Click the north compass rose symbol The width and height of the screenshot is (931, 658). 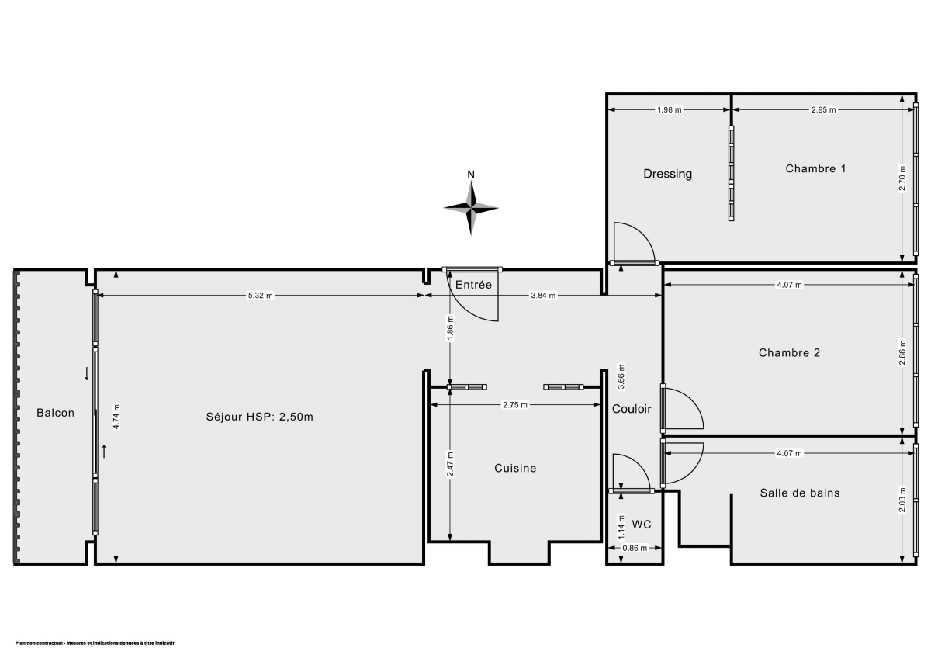tap(470, 207)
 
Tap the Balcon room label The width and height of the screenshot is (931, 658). tap(55, 413)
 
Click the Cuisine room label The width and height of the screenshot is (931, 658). tap(515, 468)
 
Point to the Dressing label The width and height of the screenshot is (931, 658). tap(667, 174)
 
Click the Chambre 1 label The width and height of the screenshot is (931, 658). tap(815, 168)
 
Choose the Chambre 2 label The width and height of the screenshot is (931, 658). tap(789, 352)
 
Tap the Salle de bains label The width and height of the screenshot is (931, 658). tap(799, 493)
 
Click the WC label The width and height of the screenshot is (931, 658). tap(641, 525)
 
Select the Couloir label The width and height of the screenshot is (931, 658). tap(632, 409)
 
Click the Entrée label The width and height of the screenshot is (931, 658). tap(473, 285)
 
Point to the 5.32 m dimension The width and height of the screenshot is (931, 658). tap(260, 296)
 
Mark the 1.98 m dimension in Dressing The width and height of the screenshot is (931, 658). tap(669, 110)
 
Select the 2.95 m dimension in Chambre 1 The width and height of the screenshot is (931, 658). tap(823, 110)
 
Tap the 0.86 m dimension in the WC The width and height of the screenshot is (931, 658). tap(634, 549)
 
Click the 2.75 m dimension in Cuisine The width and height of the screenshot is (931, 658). tap(515, 404)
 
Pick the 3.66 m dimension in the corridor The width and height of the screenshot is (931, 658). tap(622, 377)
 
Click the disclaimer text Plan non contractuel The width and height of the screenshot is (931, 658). tap(94, 643)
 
